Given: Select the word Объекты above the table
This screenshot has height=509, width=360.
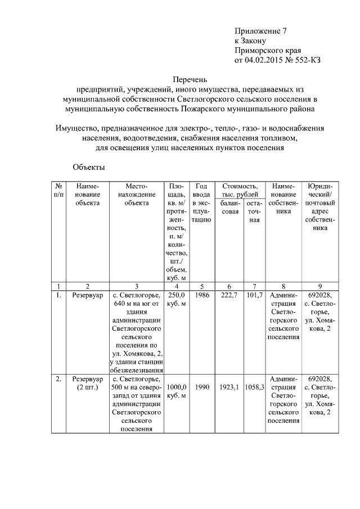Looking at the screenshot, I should point(89,167).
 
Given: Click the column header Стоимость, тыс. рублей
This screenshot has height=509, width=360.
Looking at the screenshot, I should point(240,190).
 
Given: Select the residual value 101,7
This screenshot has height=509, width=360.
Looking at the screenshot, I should point(254,295).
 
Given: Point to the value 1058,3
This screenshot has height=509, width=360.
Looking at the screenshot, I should point(254,388).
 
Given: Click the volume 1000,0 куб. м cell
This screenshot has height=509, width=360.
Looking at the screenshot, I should point(176,391).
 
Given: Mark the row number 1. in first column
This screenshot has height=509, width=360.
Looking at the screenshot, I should point(58,295).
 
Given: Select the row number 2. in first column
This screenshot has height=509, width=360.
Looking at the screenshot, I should point(58,379).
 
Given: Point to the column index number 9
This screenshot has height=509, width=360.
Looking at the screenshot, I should point(319,286).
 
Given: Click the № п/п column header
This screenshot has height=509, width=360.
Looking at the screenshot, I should point(58,190).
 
